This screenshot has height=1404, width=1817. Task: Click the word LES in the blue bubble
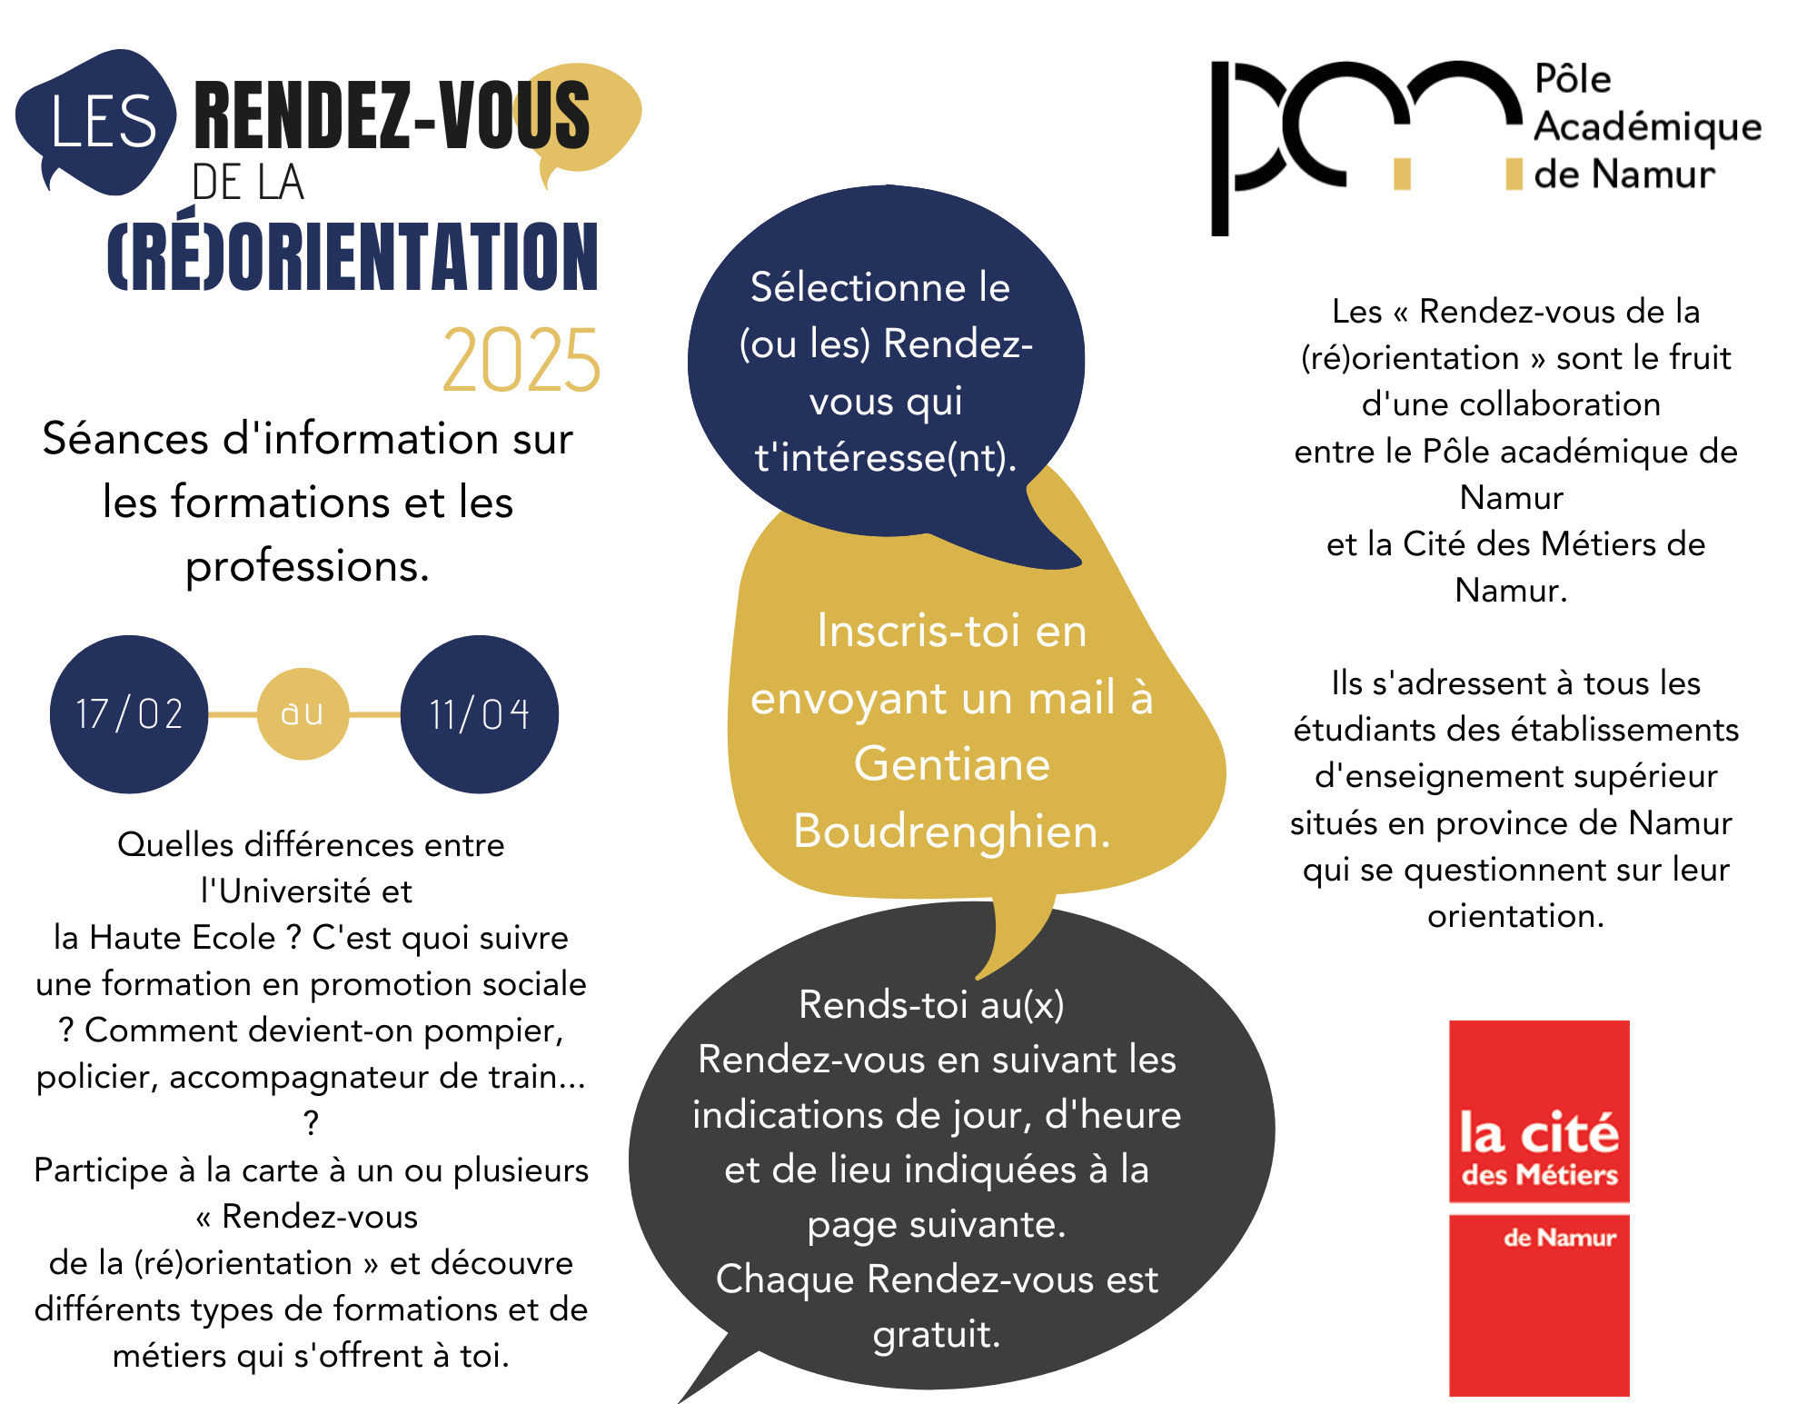(x=104, y=123)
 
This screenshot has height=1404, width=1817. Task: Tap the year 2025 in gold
(x=521, y=361)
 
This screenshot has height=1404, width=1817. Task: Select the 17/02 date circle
(x=129, y=714)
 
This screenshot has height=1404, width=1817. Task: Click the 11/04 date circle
(x=479, y=714)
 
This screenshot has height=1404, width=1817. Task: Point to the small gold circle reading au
(x=303, y=714)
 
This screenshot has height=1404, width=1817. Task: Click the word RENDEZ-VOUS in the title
(x=392, y=115)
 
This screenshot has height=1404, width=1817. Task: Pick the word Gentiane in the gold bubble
(x=951, y=764)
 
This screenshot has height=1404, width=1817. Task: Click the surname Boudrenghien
(x=951, y=831)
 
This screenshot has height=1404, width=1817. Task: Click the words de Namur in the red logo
(x=1560, y=1238)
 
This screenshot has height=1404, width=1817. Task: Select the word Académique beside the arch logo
(x=1647, y=126)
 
